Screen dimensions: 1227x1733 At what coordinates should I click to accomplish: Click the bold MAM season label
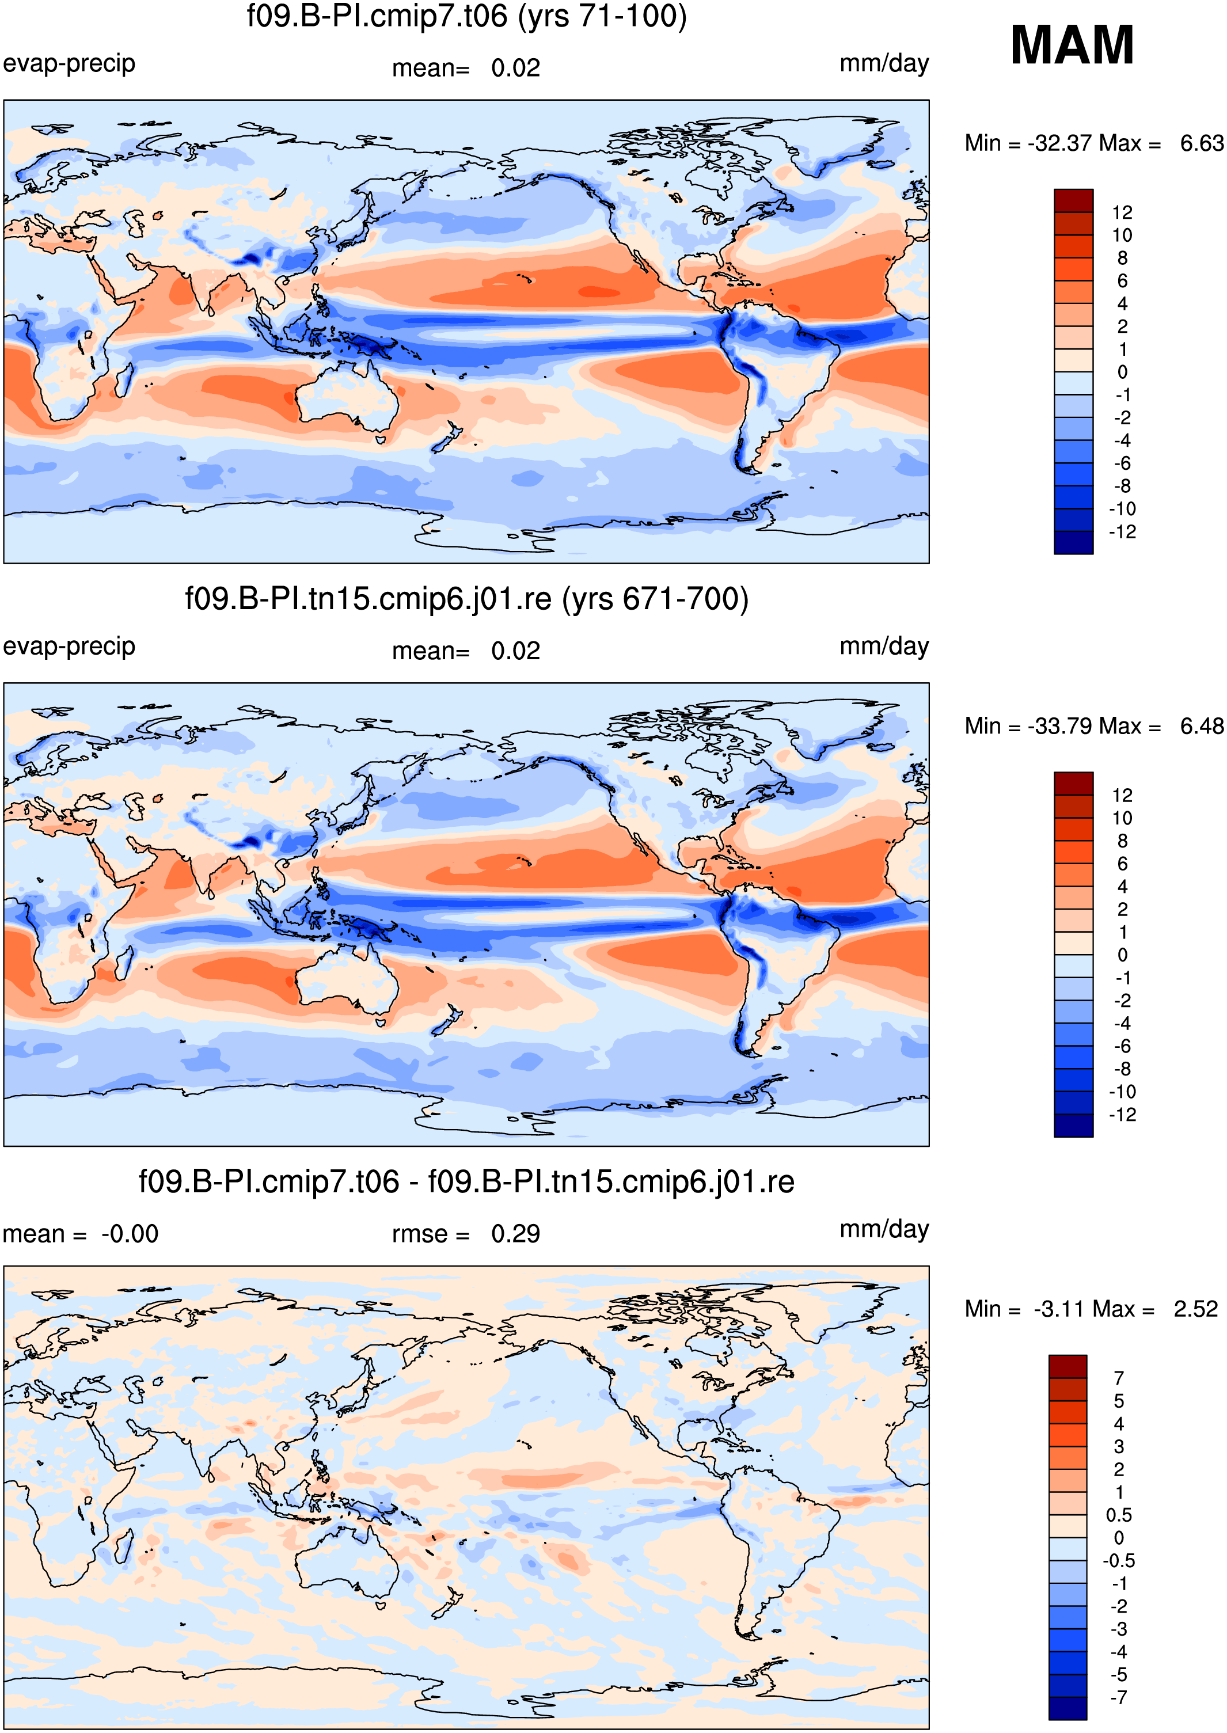click(x=1072, y=45)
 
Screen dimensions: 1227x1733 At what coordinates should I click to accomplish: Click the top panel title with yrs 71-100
click(x=467, y=17)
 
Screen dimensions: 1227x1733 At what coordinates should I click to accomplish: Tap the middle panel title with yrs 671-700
click(x=467, y=599)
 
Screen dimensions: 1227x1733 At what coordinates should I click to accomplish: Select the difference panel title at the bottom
click(x=467, y=1181)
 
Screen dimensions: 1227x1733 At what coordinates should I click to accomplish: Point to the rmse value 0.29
click(x=515, y=1234)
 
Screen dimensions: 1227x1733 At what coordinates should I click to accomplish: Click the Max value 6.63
click(x=1201, y=143)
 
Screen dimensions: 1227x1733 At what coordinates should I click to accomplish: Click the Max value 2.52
click(x=1195, y=1309)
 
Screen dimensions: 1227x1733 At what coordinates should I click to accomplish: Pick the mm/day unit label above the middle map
click(x=884, y=647)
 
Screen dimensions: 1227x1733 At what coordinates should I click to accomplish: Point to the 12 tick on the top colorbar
click(x=1122, y=212)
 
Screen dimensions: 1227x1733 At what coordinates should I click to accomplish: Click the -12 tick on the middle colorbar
click(x=1122, y=1114)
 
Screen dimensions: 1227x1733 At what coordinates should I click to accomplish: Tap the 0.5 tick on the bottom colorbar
click(x=1118, y=1515)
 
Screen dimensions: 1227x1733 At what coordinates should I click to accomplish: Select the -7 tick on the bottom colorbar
click(x=1118, y=1698)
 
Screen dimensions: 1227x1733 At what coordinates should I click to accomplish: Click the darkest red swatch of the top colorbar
click(x=1074, y=200)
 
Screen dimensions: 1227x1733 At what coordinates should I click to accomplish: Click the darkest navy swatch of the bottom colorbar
click(x=1068, y=1709)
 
